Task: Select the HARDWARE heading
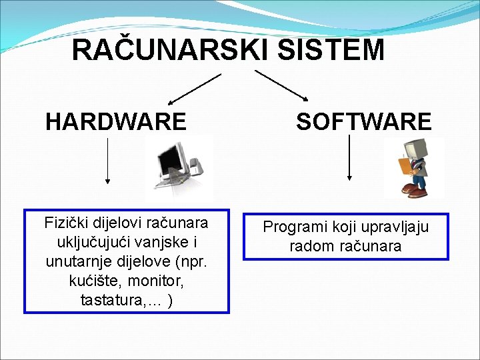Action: pyautogui.click(x=116, y=122)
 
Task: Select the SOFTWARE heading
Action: pyautogui.click(x=364, y=122)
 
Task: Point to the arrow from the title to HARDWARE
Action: pyautogui.click(x=194, y=89)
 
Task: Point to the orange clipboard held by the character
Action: pyautogui.click(x=405, y=165)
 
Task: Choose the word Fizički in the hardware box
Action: pyautogui.click(x=66, y=222)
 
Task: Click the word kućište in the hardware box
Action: pyautogui.click(x=93, y=281)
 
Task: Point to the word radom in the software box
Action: pyautogui.click(x=309, y=247)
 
